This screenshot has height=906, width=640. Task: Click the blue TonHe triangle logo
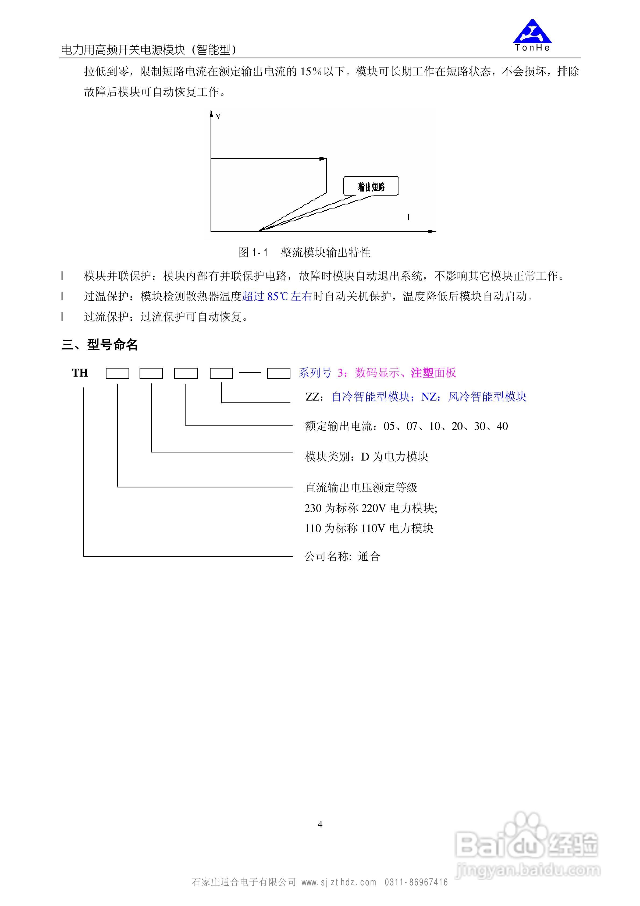[x=532, y=32]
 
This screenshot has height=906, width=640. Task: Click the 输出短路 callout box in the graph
[x=371, y=186]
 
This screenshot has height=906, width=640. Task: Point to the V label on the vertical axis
[x=218, y=116]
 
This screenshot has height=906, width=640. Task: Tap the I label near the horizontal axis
[x=408, y=217]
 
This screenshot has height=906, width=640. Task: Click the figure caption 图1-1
[x=253, y=253]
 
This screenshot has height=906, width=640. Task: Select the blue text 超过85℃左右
[x=277, y=296]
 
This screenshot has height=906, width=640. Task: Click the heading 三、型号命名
[x=100, y=345]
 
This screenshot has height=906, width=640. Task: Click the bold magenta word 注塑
[x=422, y=373]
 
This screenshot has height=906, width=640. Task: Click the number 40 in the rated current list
[x=502, y=426]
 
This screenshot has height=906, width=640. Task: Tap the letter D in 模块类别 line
[x=365, y=457]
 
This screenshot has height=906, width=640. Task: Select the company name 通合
[x=369, y=557]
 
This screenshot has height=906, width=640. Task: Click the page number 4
[x=320, y=824]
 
